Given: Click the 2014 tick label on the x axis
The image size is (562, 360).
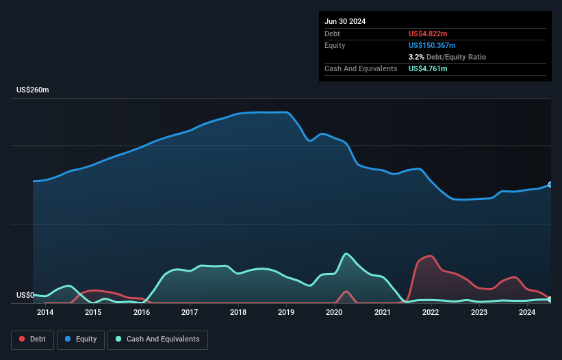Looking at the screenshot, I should (45, 313).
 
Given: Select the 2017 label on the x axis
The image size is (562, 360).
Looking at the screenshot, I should (190, 313).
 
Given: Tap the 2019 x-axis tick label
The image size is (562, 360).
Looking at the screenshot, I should (286, 313).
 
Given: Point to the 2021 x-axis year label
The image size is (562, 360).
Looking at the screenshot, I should (383, 313).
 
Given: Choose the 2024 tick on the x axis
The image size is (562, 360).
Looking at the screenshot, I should (527, 313).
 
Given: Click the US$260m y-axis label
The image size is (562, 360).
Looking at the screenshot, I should (32, 90).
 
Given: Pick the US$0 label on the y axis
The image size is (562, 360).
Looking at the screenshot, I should (25, 296).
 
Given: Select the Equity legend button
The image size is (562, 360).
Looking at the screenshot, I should (81, 339).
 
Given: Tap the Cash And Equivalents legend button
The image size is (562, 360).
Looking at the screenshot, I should (157, 339).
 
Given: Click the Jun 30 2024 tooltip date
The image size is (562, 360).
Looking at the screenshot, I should (345, 21).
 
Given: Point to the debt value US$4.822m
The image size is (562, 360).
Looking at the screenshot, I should (429, 34).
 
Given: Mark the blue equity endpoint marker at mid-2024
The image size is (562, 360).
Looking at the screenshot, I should (550, 185).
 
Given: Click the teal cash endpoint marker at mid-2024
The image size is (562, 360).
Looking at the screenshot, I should (550, 300).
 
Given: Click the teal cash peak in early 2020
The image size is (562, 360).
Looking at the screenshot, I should (347, 254).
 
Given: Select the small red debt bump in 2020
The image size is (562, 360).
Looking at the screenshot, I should (347, 292).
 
